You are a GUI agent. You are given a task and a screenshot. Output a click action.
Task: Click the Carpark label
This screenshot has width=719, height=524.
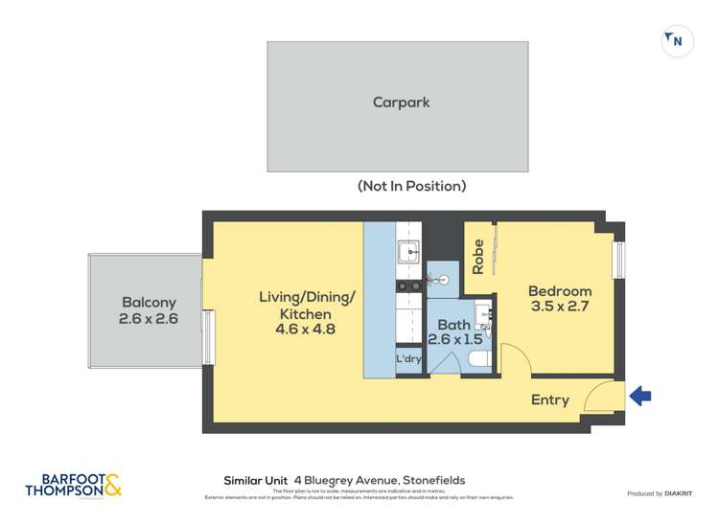click(x=401, y=103)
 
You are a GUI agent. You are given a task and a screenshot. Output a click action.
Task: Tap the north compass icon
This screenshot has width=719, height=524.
click(x=678, y=41)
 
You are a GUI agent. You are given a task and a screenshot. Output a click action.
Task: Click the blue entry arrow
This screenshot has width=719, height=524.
click(x=639, y=394)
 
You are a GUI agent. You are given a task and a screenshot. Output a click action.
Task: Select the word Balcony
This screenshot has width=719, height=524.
click(x=149, y=302)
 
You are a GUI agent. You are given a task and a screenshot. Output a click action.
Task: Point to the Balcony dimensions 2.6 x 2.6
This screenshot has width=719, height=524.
click(x=149, y=319)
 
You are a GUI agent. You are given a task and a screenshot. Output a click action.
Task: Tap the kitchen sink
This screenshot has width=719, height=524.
click(x=409, y=254)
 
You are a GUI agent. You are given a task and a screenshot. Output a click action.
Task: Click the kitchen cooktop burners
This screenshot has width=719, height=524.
click(x=409, y=285)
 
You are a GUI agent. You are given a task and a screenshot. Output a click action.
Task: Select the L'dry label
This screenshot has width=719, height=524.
click(x=409, y=359)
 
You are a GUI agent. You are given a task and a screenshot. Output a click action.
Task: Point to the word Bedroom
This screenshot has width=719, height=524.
click(x=560, y=291)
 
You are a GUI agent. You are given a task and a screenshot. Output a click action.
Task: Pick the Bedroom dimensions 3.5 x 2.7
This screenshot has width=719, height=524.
click(x=560, y=308)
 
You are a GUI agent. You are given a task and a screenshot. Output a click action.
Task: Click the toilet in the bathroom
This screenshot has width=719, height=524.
click(x=479, y=360)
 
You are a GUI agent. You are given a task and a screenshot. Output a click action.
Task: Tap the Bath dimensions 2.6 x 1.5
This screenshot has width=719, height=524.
click(x=455, y=340)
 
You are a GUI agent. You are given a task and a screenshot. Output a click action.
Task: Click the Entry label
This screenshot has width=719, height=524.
click(x=550, y=400)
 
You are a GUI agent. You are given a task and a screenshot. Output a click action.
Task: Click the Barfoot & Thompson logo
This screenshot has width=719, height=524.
click(x=75, y=485)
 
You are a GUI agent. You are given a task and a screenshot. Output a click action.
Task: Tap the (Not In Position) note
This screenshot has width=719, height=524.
click(x=411, y=186)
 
